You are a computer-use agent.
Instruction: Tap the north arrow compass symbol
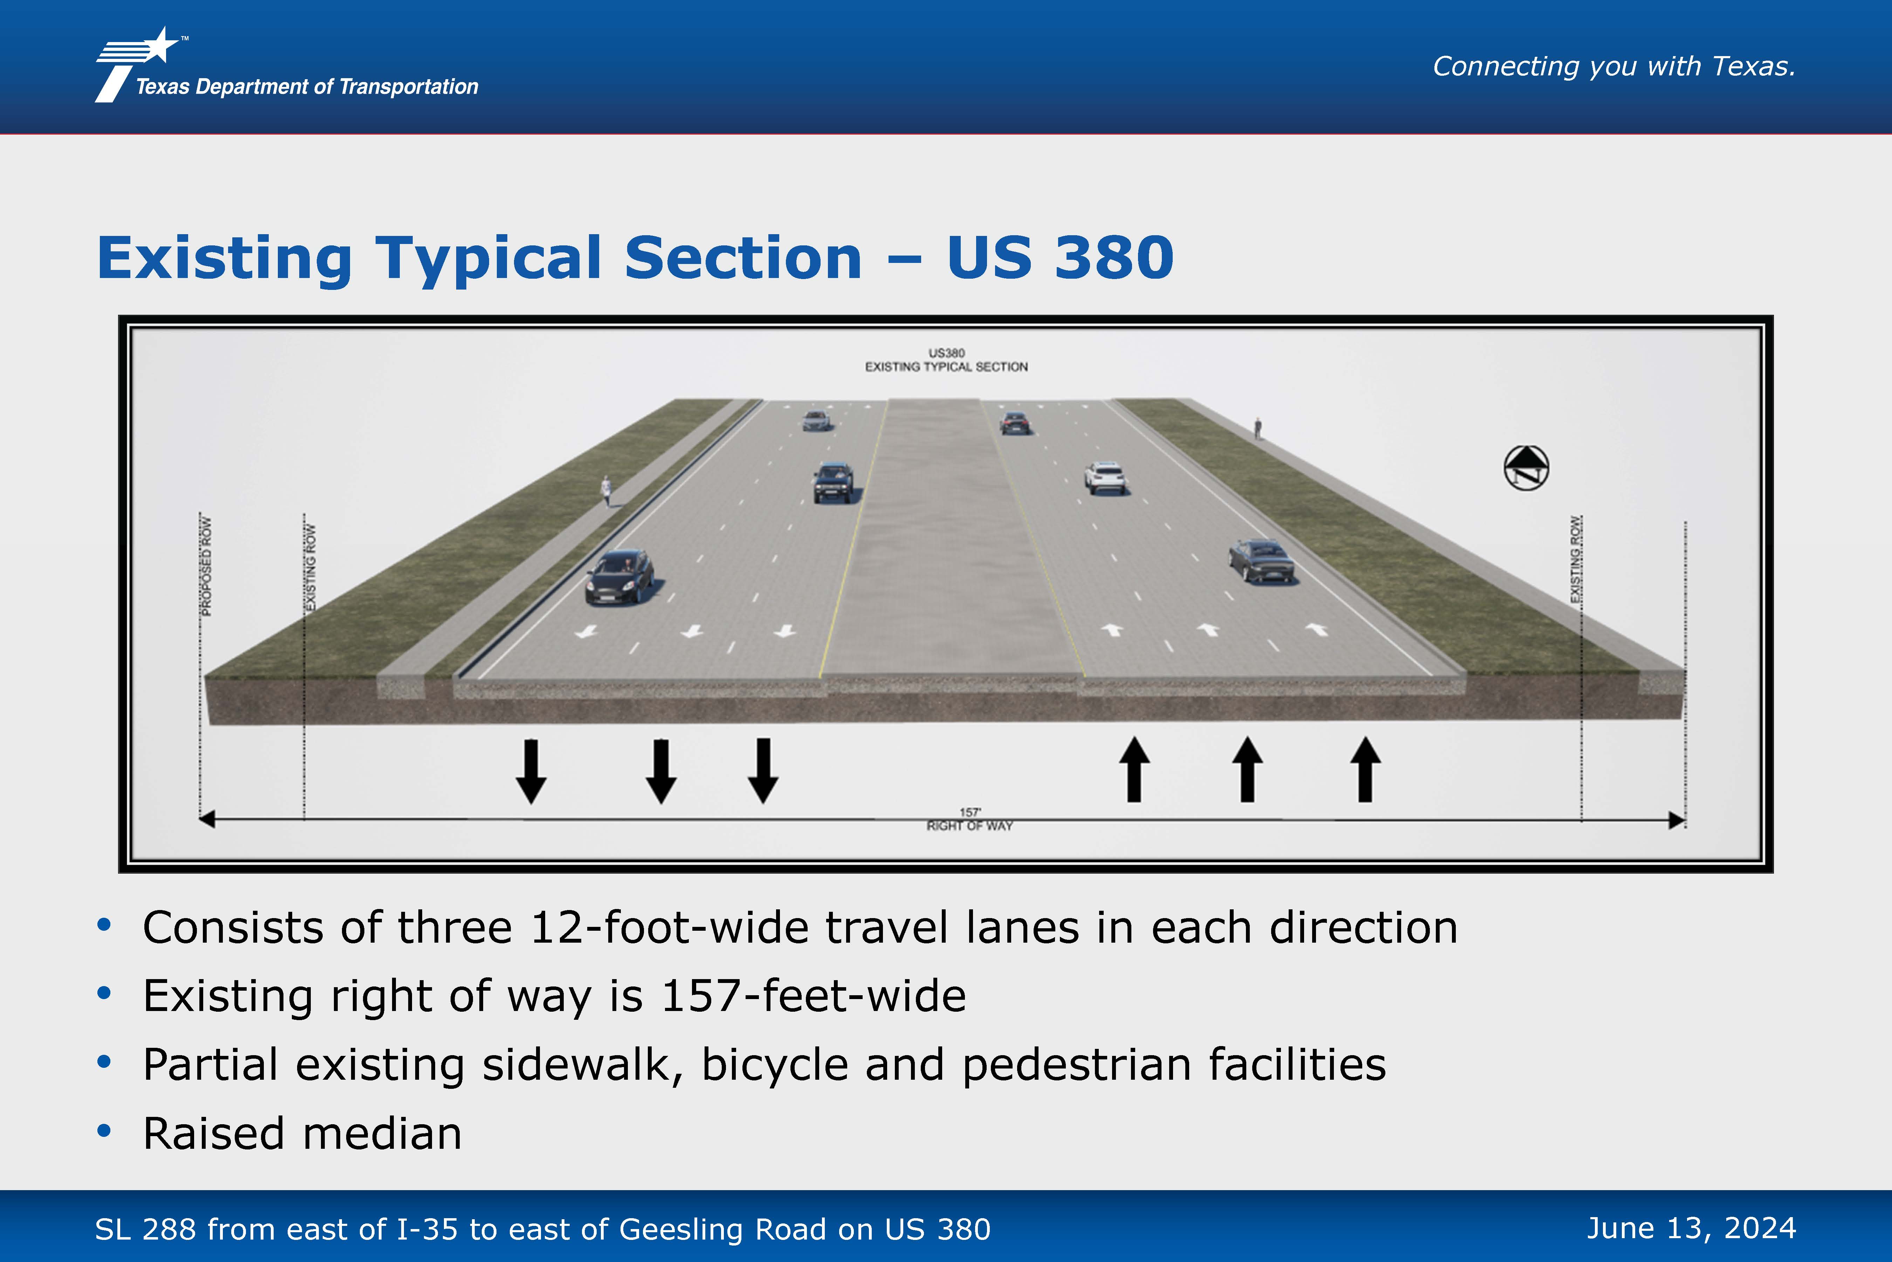tap(1526, 468)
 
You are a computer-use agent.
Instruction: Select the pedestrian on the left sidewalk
tap(606, 491)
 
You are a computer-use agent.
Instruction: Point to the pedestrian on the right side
tap(1257, 428)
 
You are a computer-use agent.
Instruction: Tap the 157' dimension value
tap(970, 812)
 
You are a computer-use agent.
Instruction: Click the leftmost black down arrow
tap(531, 771)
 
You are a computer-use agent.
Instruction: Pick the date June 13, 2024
tap(1691, 1228)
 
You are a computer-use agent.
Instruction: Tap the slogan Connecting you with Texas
tap(1614, 66)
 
